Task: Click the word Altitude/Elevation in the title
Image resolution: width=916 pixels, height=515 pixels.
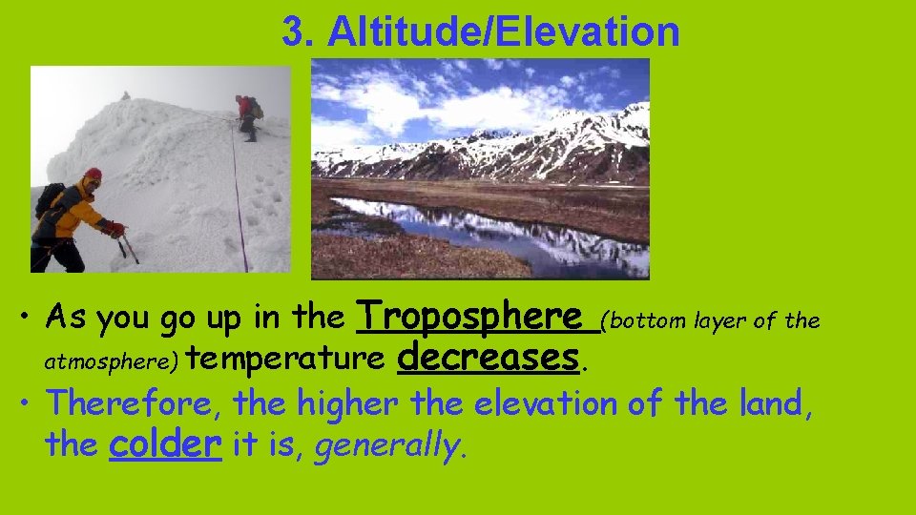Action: tap(504, 32)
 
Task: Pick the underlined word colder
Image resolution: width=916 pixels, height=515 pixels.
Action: tap(166, 443)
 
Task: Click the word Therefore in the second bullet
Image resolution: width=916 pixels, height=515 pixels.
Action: tap(132, 403)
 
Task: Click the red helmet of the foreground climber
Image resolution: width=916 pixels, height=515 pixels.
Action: tap(93, 175)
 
